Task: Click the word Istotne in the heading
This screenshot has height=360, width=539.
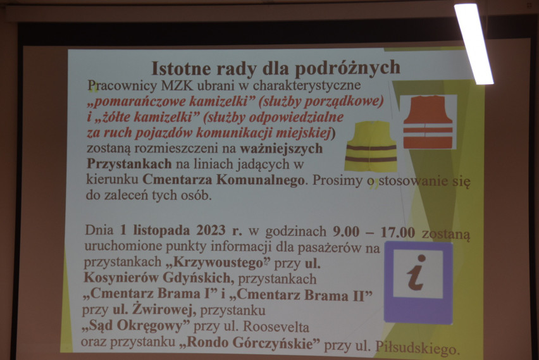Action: click(x=181, y=69)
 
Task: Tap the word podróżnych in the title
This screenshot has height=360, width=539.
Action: click(x=348, y=68)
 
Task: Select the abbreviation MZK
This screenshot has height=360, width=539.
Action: click(x=177, y=85)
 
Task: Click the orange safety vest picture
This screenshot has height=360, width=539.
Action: click(x=428, y=122)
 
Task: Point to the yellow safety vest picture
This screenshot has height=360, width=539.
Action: click(x=371, y=146)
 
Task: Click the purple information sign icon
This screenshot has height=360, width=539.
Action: click(x=418, y=283)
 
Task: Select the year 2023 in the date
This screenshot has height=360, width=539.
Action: click(x=211, y=230)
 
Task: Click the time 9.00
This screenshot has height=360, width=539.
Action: click(x=346, y=232)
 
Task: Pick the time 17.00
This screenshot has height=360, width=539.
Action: click(x=398, y=232)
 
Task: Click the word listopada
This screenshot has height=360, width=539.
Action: click(x=161, y=230)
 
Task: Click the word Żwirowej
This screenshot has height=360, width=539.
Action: click(x=159, y=309)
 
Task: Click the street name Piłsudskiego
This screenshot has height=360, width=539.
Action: click(x=418, y=347)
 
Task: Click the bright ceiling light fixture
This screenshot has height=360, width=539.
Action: click(x=474, y=44)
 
